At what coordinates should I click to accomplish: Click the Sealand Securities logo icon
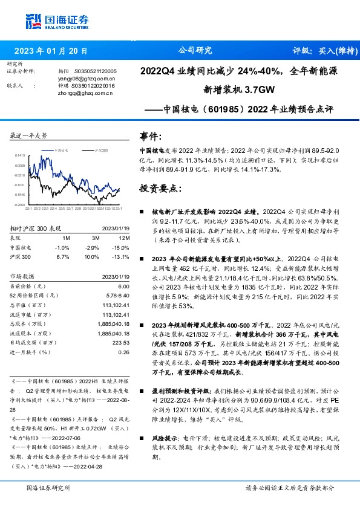pos(33,21)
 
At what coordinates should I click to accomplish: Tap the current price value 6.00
pos(123,285)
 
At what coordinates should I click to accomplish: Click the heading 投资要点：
pos(160,188)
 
